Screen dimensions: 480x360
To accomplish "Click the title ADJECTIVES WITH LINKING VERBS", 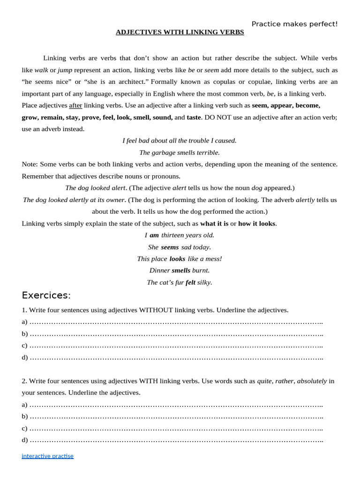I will (x=180, y=32).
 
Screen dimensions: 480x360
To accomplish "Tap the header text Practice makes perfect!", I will (x=294, y=24).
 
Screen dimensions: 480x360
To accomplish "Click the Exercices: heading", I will (x=46, y=295).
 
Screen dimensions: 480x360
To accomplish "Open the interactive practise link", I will (x=47, y=456).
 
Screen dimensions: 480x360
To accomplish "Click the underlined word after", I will (x=75, y=105).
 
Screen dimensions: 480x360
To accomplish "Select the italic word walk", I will (x=41, y=70).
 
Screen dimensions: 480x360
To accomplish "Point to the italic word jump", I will (x=65, y=70).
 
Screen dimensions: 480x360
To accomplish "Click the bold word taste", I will (x=194, y=117).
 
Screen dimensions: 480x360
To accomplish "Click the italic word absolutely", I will (x=312, y=381).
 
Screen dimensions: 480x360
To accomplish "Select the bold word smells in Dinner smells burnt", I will (x=180, y=270).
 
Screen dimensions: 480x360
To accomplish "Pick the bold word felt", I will (x=190, y=282).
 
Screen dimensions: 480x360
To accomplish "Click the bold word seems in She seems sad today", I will (x=170, y=247).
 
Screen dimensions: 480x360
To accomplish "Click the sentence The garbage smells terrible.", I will (x=180, y=152).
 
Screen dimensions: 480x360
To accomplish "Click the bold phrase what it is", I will (x=214, y=223).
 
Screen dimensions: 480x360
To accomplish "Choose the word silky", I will (x=204, y=282).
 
